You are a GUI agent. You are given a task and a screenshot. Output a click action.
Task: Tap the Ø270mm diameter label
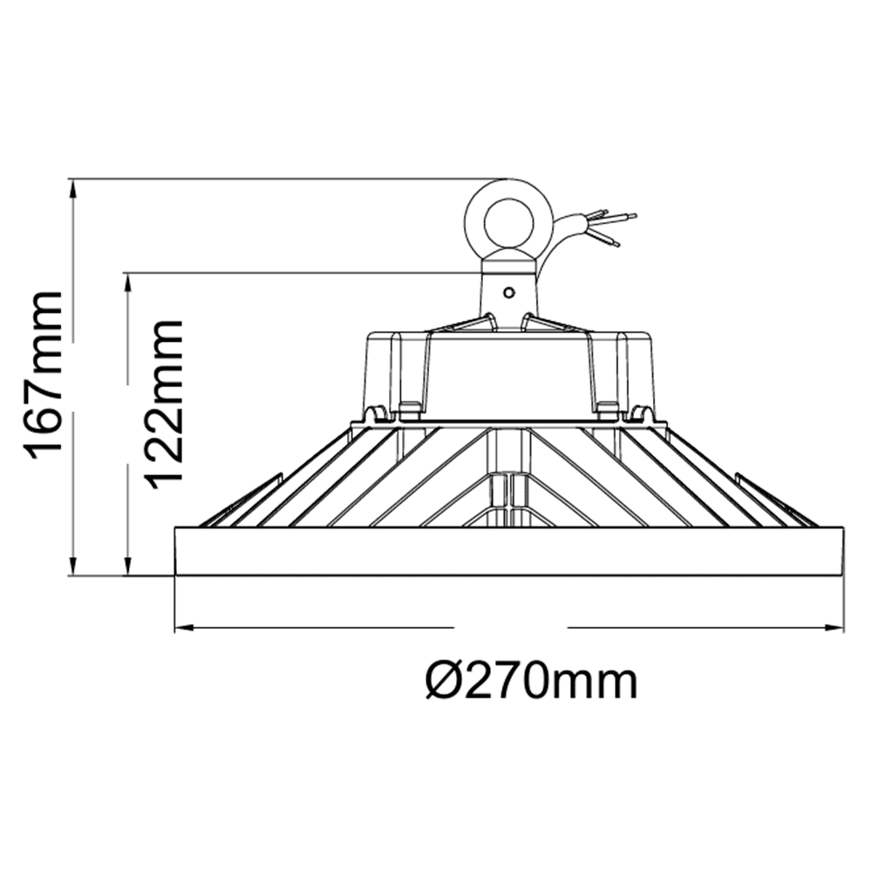pos(531,679)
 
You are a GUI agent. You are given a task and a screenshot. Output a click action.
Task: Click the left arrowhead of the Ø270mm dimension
pos(183,627)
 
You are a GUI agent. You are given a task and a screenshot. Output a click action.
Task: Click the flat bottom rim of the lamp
pos(509,551)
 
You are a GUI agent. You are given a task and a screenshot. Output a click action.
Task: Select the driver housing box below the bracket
pos(509,371)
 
